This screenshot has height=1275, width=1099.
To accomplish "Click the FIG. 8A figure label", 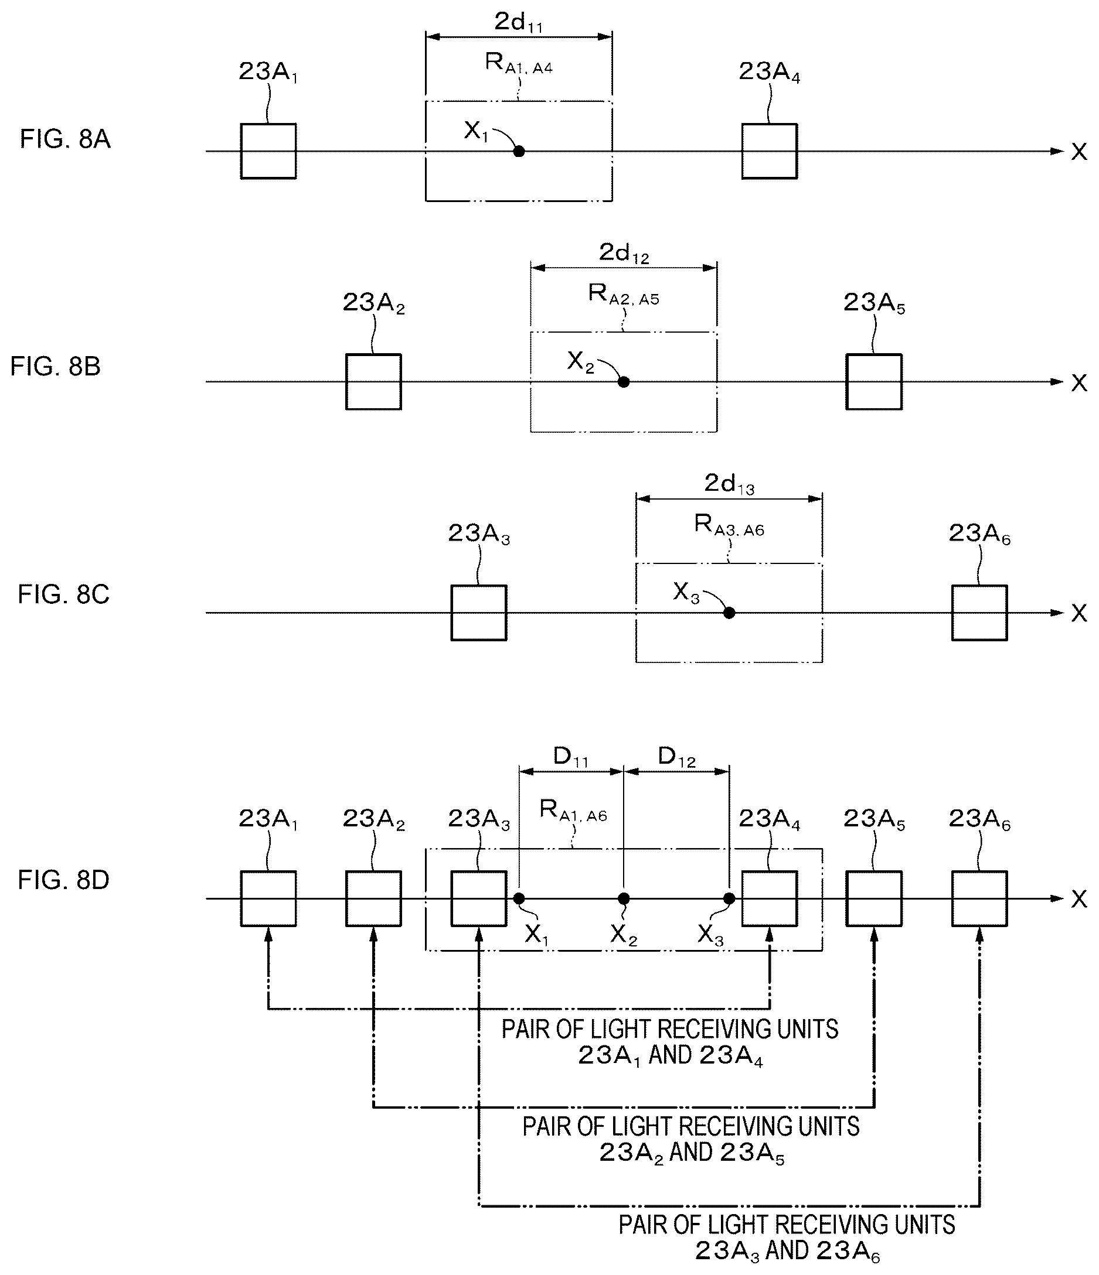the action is coord(65,139).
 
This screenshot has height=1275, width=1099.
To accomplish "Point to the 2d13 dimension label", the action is coord(729,484).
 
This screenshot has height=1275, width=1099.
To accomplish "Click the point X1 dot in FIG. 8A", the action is coord(519,151).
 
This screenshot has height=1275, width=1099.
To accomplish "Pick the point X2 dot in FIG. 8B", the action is coord(624,382).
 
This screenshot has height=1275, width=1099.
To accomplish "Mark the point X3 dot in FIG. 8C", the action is coord(729,613).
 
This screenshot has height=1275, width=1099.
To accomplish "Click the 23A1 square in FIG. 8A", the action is coord(268,151).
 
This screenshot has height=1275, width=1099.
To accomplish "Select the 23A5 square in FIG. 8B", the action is coord(874,382).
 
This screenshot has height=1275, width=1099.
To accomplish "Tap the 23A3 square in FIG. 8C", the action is coord(479,613).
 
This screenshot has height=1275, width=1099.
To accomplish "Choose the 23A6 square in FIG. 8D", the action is coord(979,898).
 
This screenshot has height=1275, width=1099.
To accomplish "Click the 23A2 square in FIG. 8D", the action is coord(374,898).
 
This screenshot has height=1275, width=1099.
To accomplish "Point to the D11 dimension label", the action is coord(571,757).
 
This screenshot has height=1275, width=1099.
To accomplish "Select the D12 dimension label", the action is coord(676,757).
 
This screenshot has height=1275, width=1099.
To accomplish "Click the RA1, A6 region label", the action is coord(573,811).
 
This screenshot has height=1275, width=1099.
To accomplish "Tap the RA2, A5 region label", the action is coord(624,294).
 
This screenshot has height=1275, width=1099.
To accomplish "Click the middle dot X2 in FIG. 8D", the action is coord(624,898).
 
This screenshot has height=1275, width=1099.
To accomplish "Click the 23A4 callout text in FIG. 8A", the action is coord(770,73).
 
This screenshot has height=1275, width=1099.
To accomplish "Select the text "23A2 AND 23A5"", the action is coord(692,1153).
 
